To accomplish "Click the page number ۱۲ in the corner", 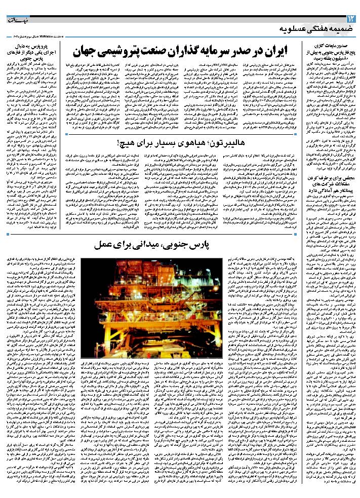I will click(350, 19).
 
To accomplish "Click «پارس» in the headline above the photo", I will click(214, 246).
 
